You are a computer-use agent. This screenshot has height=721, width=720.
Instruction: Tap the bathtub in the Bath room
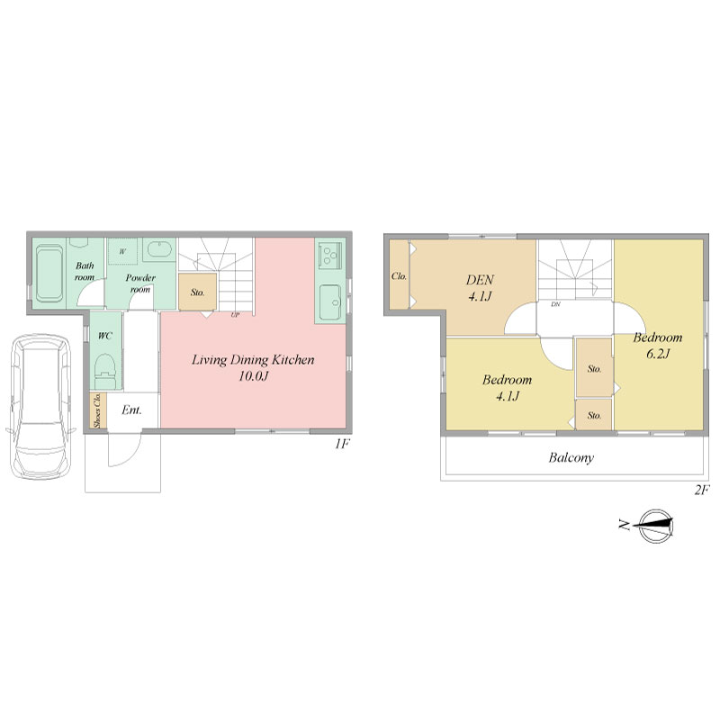pos(49,274)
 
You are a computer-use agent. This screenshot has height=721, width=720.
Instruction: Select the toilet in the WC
pos(105,370)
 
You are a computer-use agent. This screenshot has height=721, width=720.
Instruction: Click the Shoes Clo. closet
pos(97,410)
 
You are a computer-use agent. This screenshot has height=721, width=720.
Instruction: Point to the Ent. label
pos(131,410)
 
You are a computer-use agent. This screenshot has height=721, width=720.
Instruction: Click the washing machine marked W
pos(122,251)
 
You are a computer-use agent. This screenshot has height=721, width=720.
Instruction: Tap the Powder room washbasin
pos(159,250)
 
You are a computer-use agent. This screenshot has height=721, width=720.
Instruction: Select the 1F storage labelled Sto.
pos(197,292)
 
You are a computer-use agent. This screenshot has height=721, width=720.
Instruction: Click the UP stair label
pos(235,315)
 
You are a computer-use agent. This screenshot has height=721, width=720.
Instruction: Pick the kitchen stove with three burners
pos(330,256)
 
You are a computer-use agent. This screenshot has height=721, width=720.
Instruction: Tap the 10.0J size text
pos(253,376)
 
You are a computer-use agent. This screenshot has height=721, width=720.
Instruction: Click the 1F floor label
pos(342,444)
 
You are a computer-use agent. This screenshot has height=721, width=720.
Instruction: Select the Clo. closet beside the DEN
pos(399,275)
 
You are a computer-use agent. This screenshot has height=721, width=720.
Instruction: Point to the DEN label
pos(480,280)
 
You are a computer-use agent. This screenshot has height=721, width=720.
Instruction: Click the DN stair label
pos(555,304)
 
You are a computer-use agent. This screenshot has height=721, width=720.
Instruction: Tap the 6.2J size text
pos(658,354)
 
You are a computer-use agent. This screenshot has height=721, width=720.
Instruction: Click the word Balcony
pos(571,457)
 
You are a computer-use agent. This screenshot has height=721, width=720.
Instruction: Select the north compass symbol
pos(650,526)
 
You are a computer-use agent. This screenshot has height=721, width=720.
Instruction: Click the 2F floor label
pos(702,491)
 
